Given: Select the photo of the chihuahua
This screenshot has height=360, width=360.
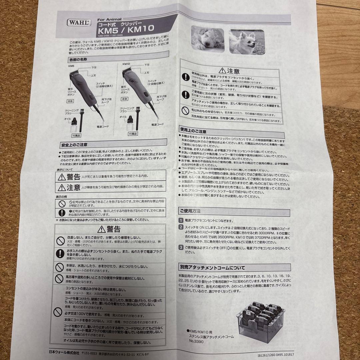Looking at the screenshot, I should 247,42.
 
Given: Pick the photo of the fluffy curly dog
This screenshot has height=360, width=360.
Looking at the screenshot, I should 207,40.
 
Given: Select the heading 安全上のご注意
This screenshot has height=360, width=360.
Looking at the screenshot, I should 74,145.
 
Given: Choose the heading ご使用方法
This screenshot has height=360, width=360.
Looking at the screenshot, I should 190,211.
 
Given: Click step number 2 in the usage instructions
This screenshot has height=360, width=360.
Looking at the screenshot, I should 181,227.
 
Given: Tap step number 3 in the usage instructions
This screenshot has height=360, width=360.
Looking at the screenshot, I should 181,247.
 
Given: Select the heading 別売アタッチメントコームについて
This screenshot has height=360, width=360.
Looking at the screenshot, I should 212,267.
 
